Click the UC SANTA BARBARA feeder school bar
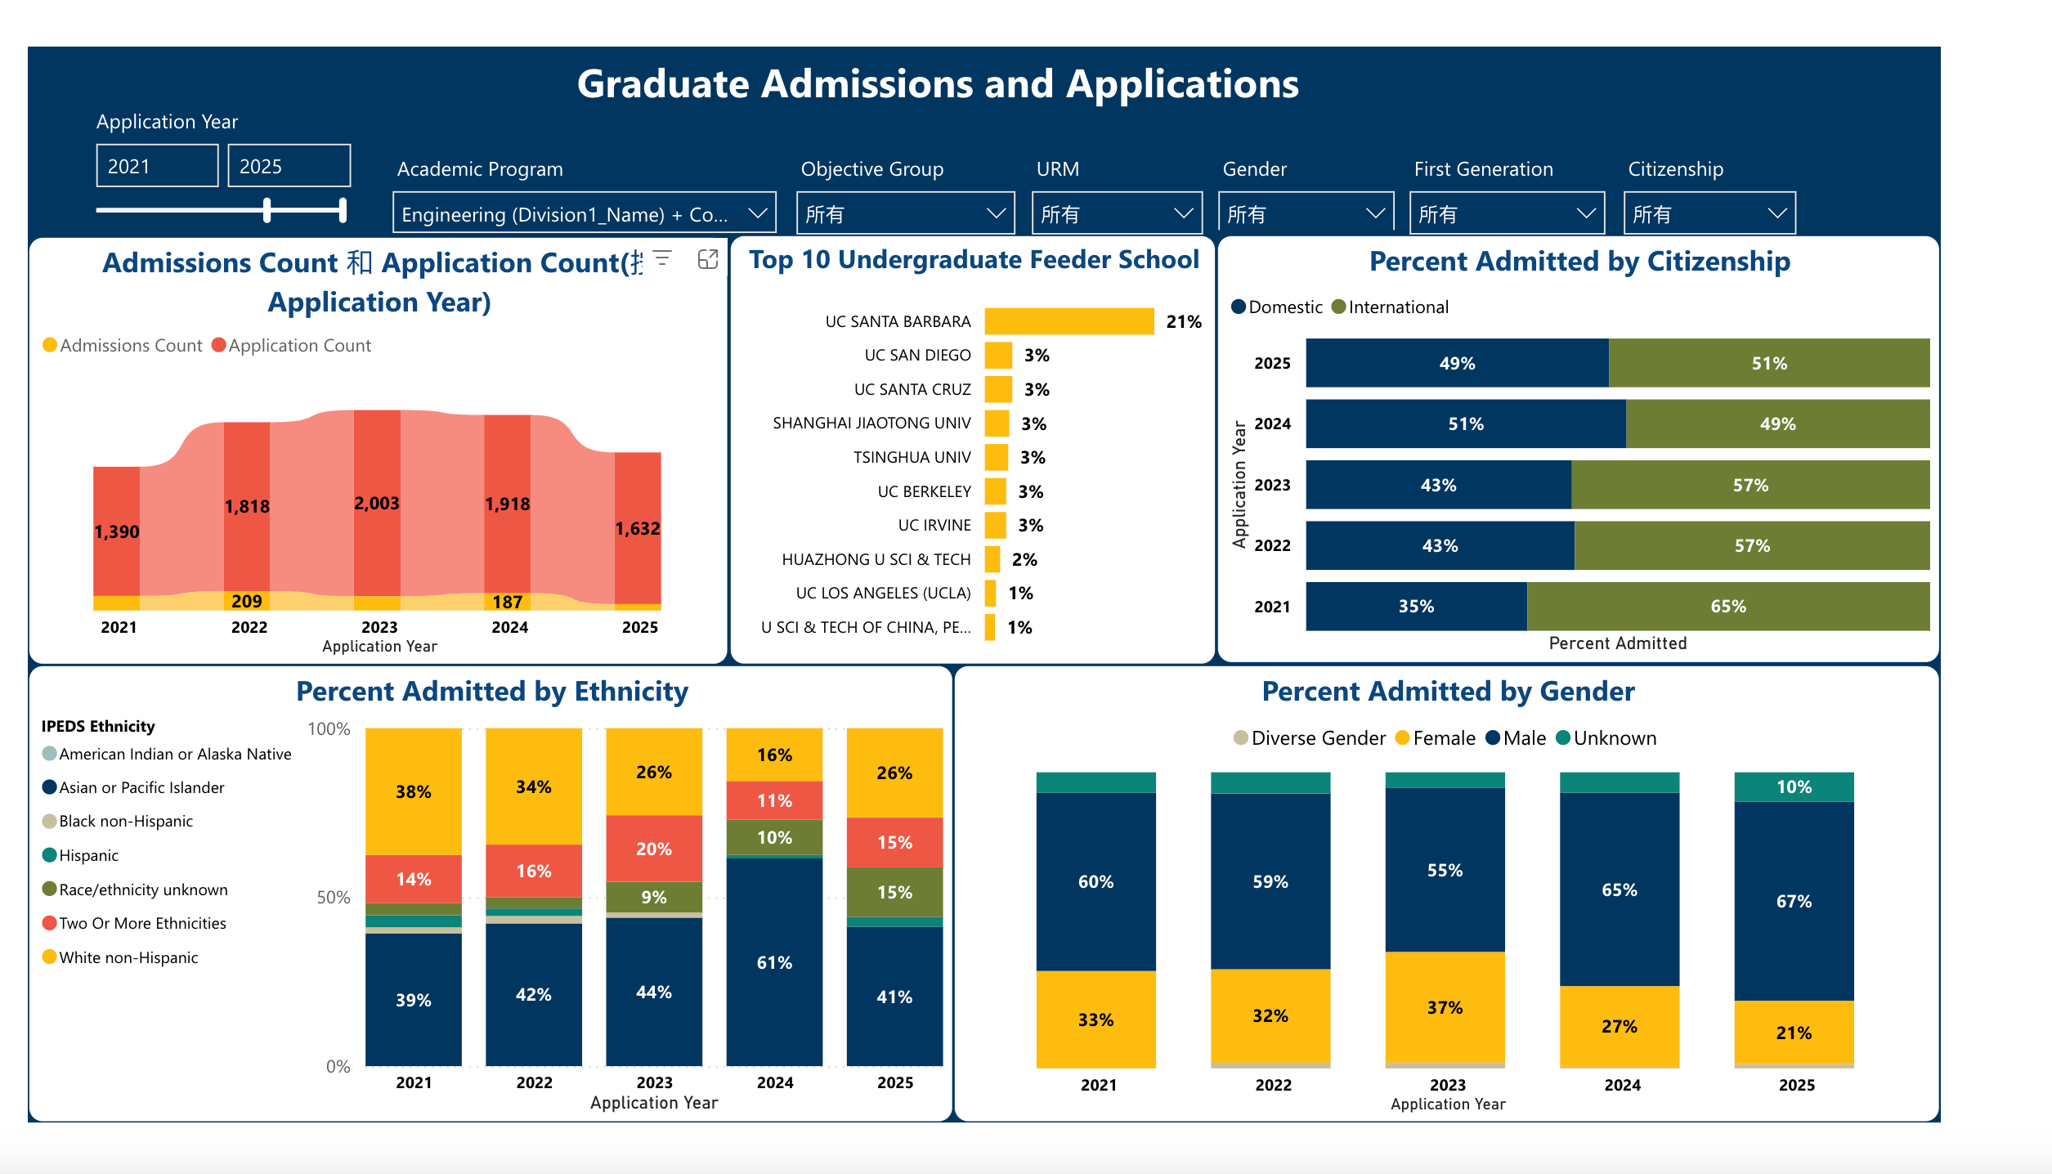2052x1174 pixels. click(x=1068, y=321)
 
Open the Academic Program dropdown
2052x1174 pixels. click(x=584, y=213)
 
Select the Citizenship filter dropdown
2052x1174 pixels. click(x=1709, y=213)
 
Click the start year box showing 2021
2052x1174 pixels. click(x=157, y=166)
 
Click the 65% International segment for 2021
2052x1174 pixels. click(x=1727, y=607)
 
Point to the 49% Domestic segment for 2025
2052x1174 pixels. click(x=1457, y=363)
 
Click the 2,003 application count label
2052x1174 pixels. click(x=377, y=504)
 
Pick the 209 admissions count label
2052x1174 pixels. click(x=246, y=602)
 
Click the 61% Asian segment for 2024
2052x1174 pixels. click(x=774, y=962)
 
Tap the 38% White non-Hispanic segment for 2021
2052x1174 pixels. click(x=414, y=791)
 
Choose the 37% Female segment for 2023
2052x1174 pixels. click(x=1445, y=1007)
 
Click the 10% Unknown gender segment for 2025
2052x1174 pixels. click(x=1794, y=786)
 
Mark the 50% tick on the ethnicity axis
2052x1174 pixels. click(x=333, y=898)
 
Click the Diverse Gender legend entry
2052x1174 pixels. click(x=1310, y=738)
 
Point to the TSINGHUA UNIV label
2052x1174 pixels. click(x=912, y=458)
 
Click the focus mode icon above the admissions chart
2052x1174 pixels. click(x=708, y=259)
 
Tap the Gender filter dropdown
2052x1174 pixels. click(x=1305, y=213)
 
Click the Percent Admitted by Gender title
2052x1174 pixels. click(x=1448, y=692)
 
